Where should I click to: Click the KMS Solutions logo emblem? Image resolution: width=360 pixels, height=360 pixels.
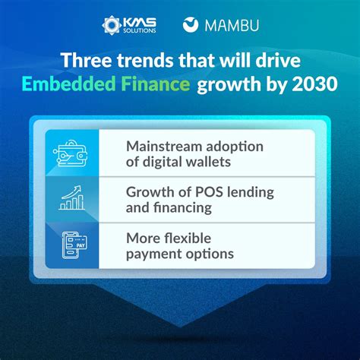[113, 24]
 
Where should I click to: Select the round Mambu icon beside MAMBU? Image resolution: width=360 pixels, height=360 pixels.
[192, 24]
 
